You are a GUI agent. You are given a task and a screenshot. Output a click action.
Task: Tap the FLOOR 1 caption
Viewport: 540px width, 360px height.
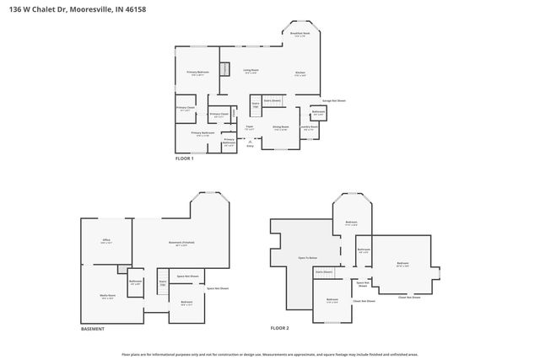click(x=184, y=159)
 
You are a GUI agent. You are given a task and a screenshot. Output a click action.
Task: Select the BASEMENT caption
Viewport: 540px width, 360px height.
click(x=93, y=328)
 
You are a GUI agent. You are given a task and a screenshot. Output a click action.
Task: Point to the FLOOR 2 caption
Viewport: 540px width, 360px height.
click(x=279, y=327)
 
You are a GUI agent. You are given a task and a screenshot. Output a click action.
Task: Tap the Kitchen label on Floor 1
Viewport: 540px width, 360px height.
click(x=300, y=73)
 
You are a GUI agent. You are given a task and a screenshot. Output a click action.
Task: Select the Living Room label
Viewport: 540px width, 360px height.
click(x=251, y=72)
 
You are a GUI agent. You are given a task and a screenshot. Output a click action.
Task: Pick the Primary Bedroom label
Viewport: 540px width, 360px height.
click(x=197, y=73)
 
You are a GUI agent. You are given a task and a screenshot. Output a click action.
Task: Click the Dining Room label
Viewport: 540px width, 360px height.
click(x=280, y=128)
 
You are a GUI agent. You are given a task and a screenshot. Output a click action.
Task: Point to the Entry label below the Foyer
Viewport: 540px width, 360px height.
click(x=250, y=146)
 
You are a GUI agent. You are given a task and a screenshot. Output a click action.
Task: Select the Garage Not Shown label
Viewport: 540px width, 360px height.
click(x=333, y=100)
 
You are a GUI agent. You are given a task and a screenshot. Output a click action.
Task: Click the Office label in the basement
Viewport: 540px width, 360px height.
click(x=106, y=241)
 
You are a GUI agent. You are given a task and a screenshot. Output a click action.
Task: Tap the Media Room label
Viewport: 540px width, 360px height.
click(x=107, y=296)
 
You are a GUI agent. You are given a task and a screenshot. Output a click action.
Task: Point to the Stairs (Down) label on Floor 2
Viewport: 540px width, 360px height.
click(x=324, y=272)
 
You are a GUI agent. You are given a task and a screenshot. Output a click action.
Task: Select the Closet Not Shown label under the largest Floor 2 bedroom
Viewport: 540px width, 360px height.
click(x=409, y=297)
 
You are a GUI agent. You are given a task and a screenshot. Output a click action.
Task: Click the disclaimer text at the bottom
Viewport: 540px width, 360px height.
click(x=270, y=355)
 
